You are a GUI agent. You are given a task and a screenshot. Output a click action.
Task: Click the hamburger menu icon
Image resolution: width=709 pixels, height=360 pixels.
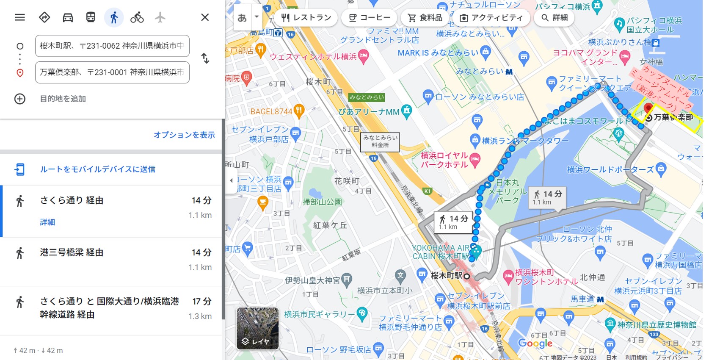pyautogui.click(x=20, y=17)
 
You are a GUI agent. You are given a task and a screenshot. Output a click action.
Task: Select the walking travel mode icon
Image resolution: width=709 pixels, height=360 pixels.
pyautogui.click(x=113, y=17)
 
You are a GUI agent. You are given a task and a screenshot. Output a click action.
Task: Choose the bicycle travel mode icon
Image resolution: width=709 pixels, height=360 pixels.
pyautogui.click(x=137, y=17)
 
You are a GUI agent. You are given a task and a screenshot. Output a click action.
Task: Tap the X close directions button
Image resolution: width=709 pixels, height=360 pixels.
pyautogui.click(x=205, y=17)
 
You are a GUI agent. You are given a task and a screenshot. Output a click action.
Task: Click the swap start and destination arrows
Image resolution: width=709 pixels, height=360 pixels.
pyautogui.click(x=205, y=58)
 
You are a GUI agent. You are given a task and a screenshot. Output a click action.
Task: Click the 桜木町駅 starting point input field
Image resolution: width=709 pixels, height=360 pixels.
pyautogui.click(x=112, y=46)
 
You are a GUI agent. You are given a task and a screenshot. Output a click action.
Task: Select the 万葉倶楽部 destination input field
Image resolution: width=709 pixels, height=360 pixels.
pyautogui.click(x=112, y=72)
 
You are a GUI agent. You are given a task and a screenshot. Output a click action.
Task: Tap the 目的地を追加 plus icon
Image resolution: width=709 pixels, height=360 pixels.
pyautogui.click(x=20, y=99)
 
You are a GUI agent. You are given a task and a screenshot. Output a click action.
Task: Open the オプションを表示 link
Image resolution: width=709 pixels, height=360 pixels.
pyautogui.click(x=184, y=135)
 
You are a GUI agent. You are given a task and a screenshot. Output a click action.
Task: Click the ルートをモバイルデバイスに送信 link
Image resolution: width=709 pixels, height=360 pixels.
pyautogui.click(x=97, y=169)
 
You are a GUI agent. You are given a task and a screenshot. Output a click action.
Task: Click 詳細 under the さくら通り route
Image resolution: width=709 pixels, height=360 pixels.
pyautogui.click(x=47, y=222)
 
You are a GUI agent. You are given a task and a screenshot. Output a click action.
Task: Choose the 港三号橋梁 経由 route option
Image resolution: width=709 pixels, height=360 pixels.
pyautogui.click(x=72, y=252)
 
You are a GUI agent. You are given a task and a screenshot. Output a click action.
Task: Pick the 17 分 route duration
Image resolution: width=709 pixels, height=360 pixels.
pyautogui.click(x=201, y=302)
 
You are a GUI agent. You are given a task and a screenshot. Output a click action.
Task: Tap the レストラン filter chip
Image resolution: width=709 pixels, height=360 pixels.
pyautogui.click(x=306, y=18)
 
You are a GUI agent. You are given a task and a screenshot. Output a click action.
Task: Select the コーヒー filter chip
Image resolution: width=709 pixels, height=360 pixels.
pyautogui.click(x=370, y=18)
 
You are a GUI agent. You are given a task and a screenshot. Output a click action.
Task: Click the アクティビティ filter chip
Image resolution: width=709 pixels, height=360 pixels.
pyautogui.click(x=491, y=18)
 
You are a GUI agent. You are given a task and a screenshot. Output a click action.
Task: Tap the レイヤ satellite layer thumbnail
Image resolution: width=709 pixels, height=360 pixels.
pyautogui.click(x=257, y=328)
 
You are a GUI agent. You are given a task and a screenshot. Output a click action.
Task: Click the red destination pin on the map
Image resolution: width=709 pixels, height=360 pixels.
pyautogui.click(x=648, y=108)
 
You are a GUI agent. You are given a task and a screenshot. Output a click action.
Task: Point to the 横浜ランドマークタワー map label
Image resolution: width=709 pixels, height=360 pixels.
pyautogui.click(x=525, y=141)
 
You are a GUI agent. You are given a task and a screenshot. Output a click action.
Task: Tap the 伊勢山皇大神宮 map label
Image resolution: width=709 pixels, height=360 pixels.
pyautogui.click(x=312, y=280)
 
